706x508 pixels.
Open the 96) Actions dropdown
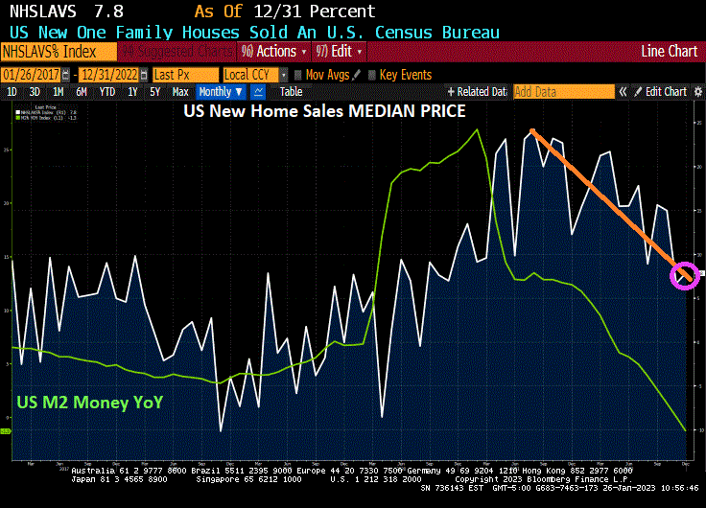[270, 51]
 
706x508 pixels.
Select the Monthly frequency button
[220, 92]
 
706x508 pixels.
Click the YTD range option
[107, 92]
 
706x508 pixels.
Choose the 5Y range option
[155, 92]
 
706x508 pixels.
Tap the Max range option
[180, 92]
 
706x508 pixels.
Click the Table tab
[291, 92]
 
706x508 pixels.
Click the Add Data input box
[563, 92]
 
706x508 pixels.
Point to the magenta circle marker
[682, 276]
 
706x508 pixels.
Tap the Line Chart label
[670, 51]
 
